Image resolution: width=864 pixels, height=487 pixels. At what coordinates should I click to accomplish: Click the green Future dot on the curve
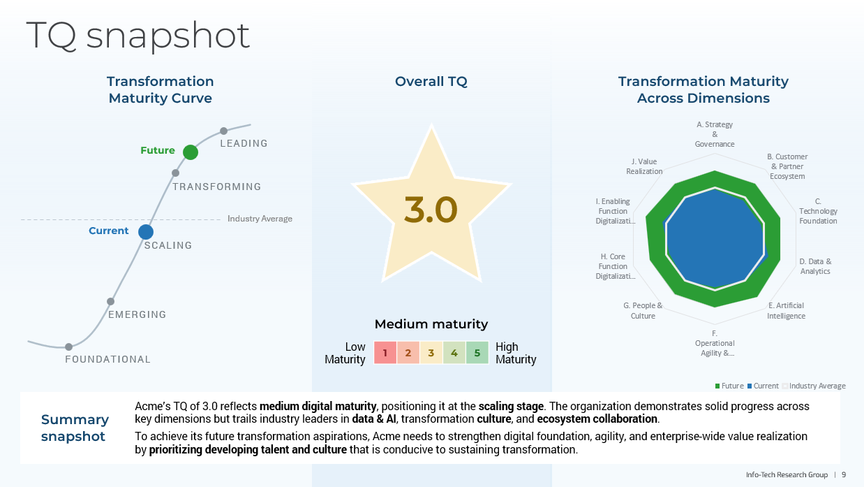(190, 152)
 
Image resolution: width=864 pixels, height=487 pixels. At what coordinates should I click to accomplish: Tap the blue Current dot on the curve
(145, 231)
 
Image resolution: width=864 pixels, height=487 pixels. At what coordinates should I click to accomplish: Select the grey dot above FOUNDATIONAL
(68, 347)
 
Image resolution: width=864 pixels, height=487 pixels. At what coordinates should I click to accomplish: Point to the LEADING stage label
(244, 143)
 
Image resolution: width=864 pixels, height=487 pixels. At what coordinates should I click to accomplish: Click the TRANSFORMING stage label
(216, 187)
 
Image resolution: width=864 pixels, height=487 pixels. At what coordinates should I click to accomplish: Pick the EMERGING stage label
(137, 314)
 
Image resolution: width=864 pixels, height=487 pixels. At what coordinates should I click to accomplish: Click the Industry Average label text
(260, 219)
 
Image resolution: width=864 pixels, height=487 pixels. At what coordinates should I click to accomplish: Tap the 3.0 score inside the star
(431, 210)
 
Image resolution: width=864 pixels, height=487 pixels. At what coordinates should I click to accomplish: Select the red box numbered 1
(385, 353)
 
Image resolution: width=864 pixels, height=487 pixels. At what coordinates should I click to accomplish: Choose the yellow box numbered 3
(431, 353)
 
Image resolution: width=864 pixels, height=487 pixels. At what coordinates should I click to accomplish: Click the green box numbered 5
(477, 353)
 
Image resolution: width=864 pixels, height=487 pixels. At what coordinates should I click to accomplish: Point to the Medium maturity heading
(431, 324)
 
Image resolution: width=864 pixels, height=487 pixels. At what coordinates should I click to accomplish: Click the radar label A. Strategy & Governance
(715, 134)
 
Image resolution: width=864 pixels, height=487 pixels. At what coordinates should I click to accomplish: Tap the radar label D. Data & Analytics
(815, 266)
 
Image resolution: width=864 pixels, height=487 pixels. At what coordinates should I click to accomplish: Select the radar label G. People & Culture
(643, 311)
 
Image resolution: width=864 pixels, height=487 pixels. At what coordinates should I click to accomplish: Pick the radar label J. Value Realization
(644, 166)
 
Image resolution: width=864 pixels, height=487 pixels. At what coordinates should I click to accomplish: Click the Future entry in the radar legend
(729, 386)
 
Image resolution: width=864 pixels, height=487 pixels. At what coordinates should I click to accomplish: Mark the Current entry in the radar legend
(763, 386)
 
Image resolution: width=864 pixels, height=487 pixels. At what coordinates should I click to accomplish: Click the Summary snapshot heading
(75, 428)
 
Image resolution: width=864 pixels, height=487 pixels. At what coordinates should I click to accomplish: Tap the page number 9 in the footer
(843, 474)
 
